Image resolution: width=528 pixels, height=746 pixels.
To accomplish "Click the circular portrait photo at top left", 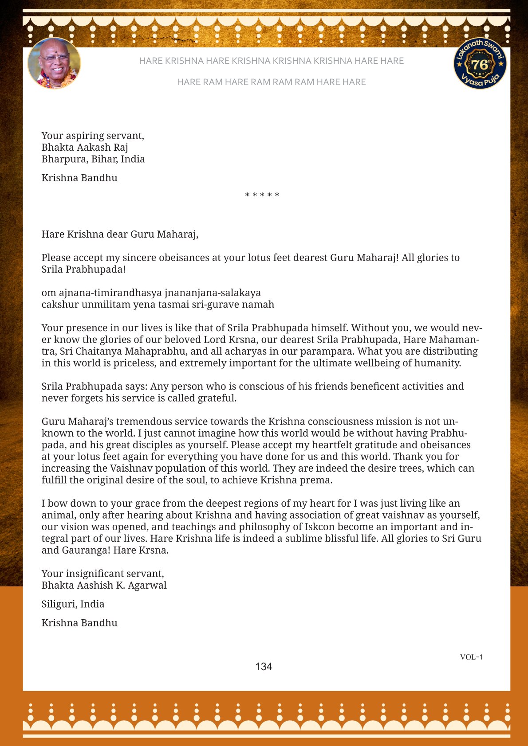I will click(x=54, y=63).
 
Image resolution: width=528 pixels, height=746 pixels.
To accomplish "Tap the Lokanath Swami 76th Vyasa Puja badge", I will click(x=480, y=63).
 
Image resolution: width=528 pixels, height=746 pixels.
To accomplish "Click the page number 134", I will click(x=264, y=667).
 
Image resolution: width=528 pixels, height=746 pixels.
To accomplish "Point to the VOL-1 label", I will click(x=471, y=657).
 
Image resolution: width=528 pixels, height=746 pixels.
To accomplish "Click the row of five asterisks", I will click(x=262, y=195).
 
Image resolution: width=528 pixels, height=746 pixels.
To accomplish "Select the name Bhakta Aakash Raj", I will click(x=85, y=147).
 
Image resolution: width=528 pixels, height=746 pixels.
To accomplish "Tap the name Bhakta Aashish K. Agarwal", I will click(x=104, y=585).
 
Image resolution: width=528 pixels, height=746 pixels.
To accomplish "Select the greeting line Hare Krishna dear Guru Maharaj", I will click(x=120, y=234).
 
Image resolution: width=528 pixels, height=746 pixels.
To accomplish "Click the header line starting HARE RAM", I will click(x=271, y=82).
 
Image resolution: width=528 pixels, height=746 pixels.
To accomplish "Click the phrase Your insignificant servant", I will click(x=102, y=574).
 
